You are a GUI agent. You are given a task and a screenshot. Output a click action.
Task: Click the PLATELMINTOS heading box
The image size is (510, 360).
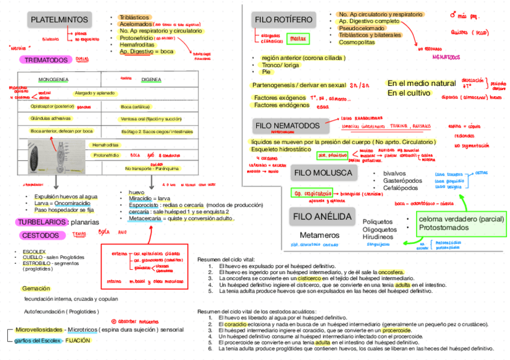tap(59, 20)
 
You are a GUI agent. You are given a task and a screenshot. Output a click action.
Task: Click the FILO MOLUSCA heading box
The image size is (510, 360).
tap(323, 172)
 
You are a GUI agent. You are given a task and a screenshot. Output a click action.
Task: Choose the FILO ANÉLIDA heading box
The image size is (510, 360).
tap(322, 216)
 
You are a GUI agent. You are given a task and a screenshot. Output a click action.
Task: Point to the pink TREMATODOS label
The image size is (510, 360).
tap(46, 60)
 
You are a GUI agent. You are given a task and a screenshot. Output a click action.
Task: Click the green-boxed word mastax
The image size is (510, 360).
tap(297, 40)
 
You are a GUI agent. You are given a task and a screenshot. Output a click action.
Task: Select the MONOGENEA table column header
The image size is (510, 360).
tap(54, 79)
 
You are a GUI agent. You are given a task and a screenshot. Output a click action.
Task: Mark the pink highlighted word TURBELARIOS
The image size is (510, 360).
tap(41, 222)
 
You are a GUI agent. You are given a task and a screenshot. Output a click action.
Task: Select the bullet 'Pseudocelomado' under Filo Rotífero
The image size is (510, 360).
tap(363, 28)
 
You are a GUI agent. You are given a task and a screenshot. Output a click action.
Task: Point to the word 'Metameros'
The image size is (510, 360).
tap(319, 234)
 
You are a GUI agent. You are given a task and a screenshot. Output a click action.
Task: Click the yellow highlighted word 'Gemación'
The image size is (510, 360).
tap(36, 288)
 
